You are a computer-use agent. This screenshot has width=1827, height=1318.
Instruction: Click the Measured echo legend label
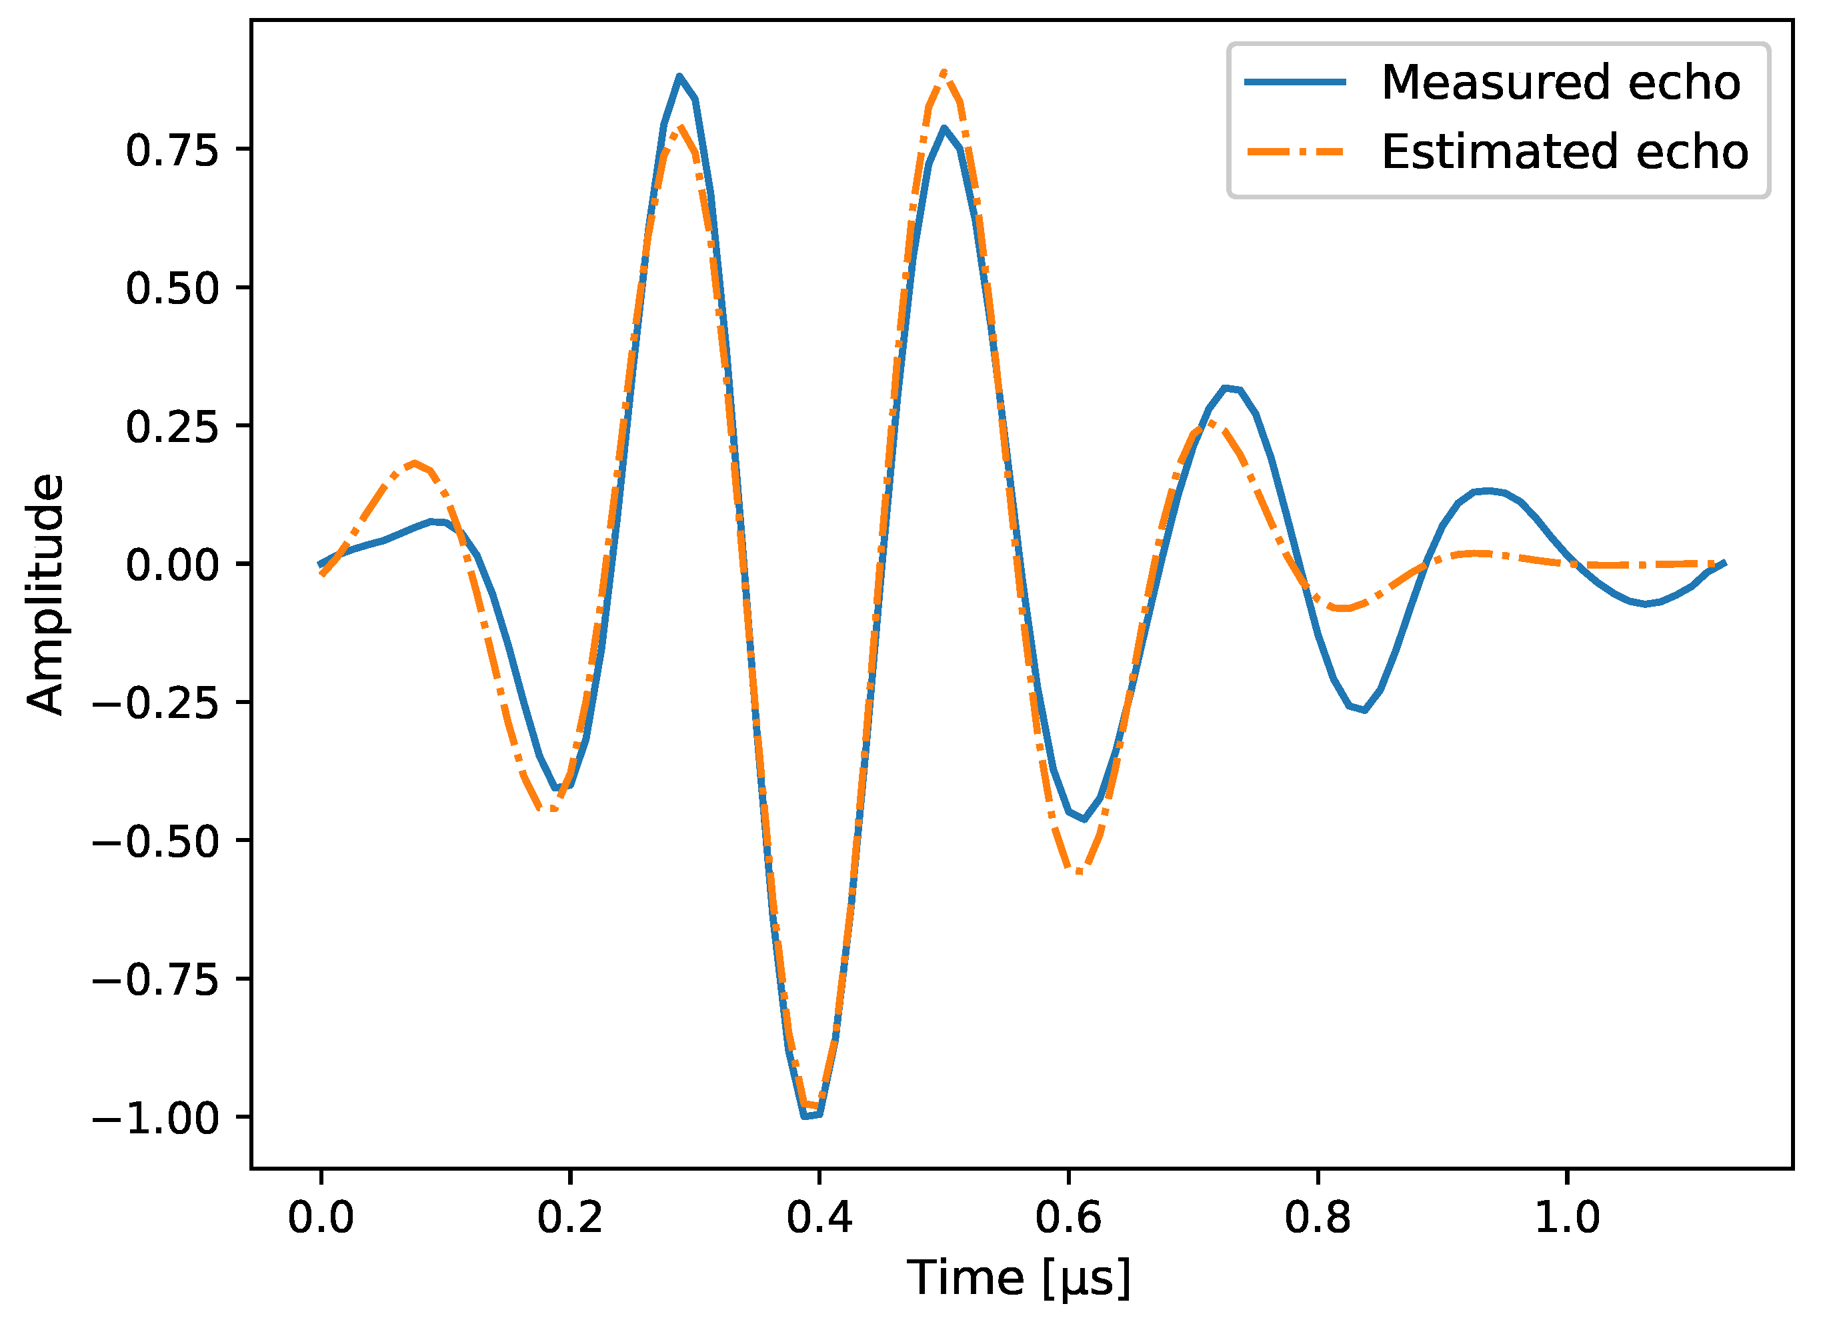pyautogui.click(x=1560, y=82)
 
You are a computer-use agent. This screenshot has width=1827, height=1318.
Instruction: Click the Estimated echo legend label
pyautogui.click(x=1564, y=151)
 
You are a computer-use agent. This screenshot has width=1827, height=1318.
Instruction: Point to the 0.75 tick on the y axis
pyautogui.click(x=171, y=151)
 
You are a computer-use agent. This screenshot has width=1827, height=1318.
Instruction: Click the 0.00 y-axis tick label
pyautogui.click(x=171, y=565)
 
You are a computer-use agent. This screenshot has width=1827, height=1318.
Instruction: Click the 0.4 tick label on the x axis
pyautogui.click(x=819, y=1218)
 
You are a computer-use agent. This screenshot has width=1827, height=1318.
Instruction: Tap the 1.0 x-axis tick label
pyautogui.click(x=1567, y=1218)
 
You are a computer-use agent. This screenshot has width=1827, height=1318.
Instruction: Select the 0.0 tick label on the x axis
pyautogui.click(x=321, y=1218)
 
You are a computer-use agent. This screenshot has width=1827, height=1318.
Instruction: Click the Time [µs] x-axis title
pyautogui.click(x=1019, y=1279)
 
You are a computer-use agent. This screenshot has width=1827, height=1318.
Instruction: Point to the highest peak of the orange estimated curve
pyautogui.click(x=944, y=73)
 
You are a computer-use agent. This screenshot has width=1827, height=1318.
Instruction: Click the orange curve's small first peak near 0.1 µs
pyautogui.click(x=415, y=463)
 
